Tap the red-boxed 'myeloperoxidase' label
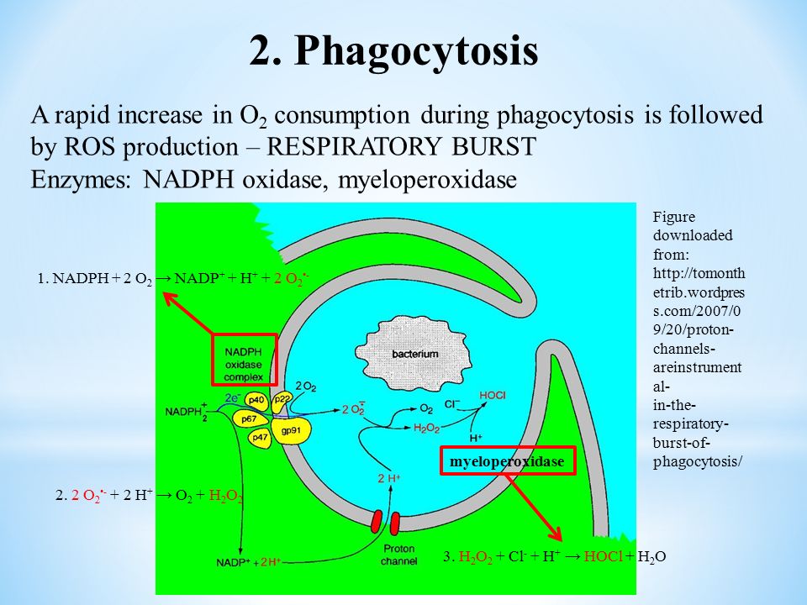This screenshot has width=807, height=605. click(x=507, y=462)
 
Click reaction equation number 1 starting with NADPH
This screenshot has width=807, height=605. click(x=177, y=280)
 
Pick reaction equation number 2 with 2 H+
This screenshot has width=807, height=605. click(x=150, y=496)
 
